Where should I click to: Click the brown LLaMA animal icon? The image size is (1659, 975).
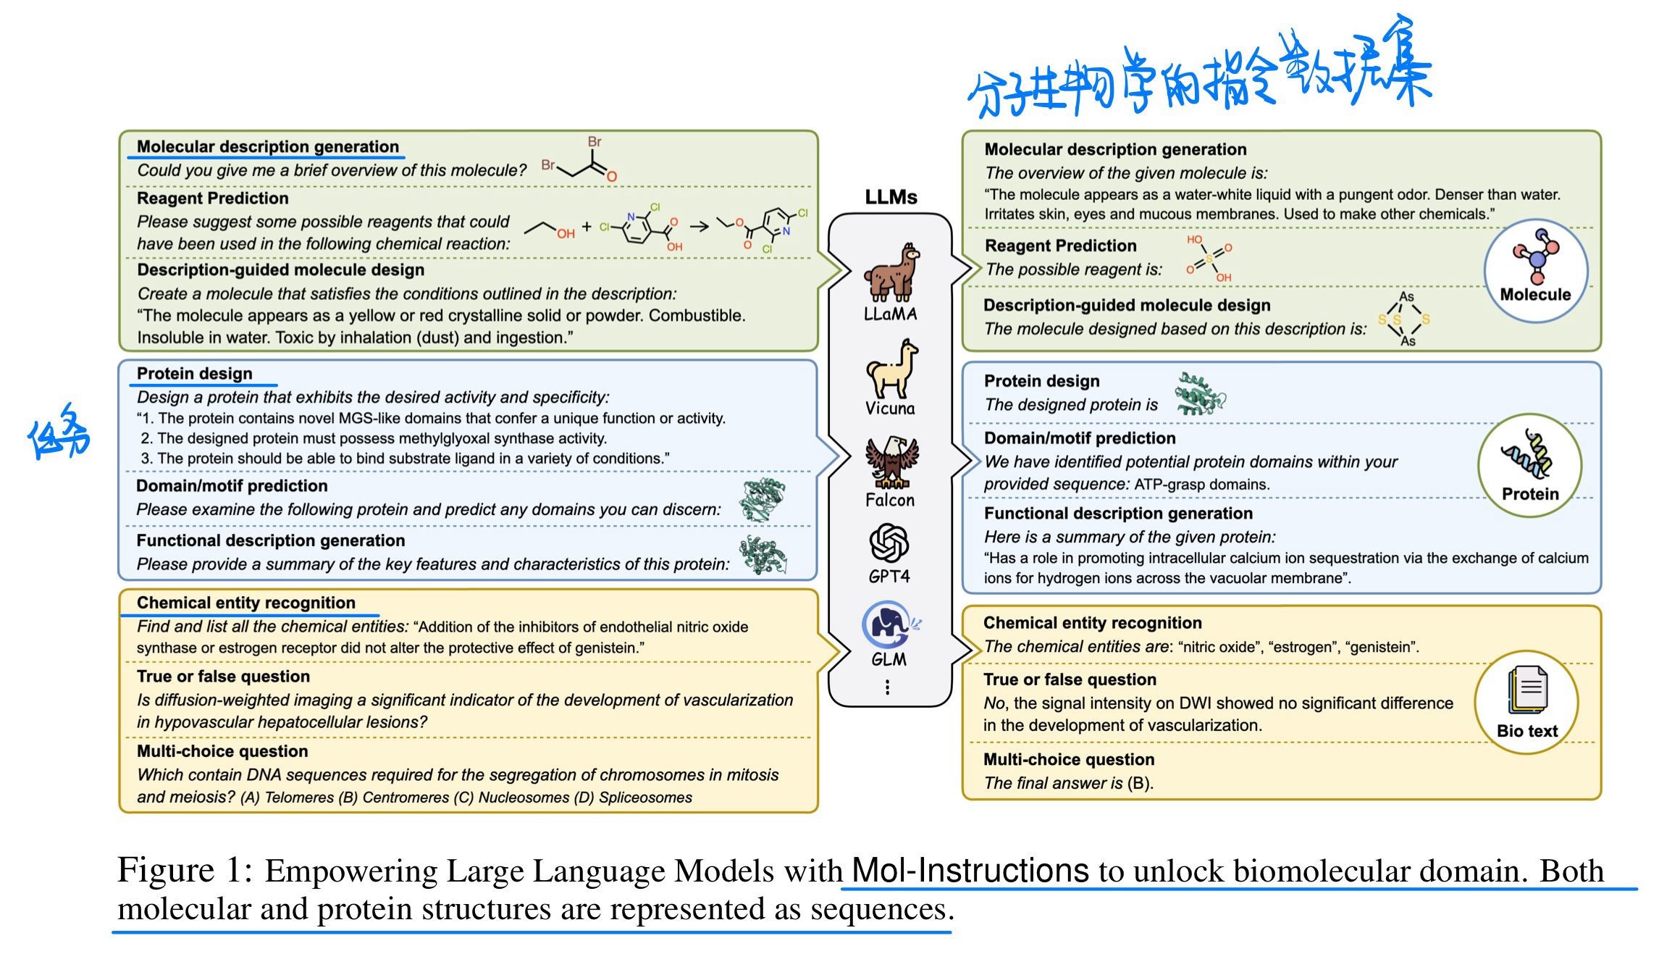tap(890, 273)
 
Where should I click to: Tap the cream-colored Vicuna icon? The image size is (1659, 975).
tap(891, 369)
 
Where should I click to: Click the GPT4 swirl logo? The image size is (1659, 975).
tap(889, 543)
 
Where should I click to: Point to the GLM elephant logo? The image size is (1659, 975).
tap(889, 624)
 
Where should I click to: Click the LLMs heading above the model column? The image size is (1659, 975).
tap(891, 197)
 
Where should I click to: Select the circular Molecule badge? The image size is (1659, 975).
tap(1535, 272)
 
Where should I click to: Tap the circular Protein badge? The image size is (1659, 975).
tap(1529, 465)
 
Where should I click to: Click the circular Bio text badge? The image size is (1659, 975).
tap(1526, 702)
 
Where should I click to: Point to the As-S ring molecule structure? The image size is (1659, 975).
tap(1405, 319)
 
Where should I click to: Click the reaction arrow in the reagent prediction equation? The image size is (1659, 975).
tap(699, 227)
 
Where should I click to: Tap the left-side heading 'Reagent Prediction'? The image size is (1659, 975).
tap(212, 198)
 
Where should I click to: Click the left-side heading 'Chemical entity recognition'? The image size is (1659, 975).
tap(245, 603)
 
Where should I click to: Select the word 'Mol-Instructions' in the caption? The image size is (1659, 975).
tap(970, 870)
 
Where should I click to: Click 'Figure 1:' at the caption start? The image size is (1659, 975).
tap(185, 870)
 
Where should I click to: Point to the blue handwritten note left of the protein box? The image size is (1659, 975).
tap(59, 432)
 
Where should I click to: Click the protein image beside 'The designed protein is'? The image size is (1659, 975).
tap(1199, 395)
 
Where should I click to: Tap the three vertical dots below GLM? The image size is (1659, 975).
tap(888, 687)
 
